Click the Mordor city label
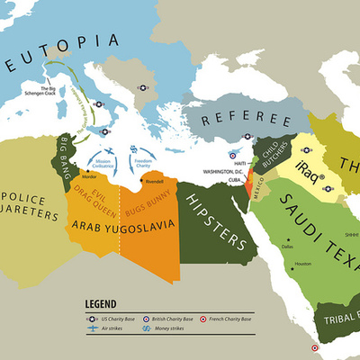point(88,176)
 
